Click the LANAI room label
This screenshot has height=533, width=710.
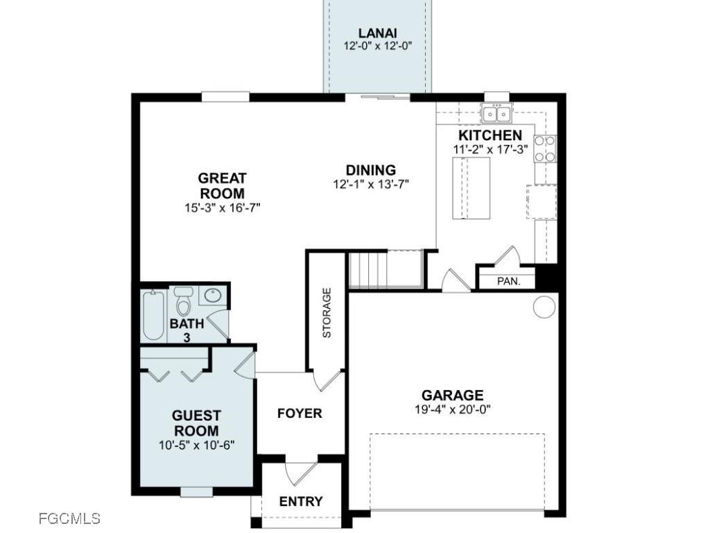pos(378,33)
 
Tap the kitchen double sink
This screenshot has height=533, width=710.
pos(496,113)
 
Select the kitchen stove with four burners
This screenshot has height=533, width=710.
pos(545,149)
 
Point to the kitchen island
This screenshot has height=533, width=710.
pos(471,188)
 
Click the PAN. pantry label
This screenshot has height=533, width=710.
pos(508,281)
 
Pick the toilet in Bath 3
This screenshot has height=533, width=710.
pos(183,301)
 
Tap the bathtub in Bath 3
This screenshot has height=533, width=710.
pos(153,316)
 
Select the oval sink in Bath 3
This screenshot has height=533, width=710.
pos(212,296)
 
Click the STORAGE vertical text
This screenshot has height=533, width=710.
pos(327,313)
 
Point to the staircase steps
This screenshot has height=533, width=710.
pos(386,270)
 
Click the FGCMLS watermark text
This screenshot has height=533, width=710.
pos(69,518)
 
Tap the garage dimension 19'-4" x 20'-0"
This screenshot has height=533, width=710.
pos(453,409)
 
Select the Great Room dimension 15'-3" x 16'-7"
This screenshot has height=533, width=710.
pos(223,208)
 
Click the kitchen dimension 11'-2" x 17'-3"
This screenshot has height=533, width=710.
pos(490,149)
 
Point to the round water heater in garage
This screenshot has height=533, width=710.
pos(544,307)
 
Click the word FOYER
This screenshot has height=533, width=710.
pos(300,414)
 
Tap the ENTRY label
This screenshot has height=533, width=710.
pos(301,501)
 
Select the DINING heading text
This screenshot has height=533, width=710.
pos(371,170)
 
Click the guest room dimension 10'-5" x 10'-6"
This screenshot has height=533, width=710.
pos(196,445)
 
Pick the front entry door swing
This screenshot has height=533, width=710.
pos(300,474)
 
